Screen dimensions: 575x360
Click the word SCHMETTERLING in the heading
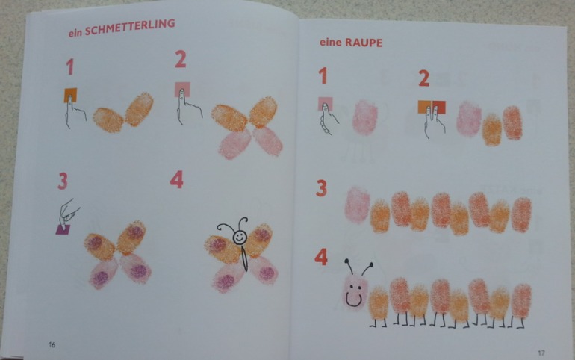tap(130, 28)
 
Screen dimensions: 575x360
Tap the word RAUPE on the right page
tap(364, 43)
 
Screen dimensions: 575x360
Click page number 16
tap(52, 344)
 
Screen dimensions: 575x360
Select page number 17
tap(541, 353)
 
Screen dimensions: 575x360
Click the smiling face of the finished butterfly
tap(240, 238)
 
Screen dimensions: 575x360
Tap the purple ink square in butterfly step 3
tap(63, 229)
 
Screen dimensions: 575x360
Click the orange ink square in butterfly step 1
tap(70, 95)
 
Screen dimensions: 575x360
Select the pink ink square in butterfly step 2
tap(182, 89)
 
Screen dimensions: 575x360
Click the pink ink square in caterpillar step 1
tap(326, 104)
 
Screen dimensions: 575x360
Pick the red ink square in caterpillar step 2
tap(439, 107)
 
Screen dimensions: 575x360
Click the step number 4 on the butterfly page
tap(177, 180)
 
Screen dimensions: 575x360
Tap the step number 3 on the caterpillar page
tap(321, 188)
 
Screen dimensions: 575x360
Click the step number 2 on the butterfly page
tap(181, 59)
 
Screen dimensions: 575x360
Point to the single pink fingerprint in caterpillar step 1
tap(365, 118)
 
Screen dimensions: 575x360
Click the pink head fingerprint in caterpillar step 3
tap(357, 205)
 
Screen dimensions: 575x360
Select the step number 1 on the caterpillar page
tap(323, 75)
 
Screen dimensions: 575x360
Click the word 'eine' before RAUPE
tap(330, 42)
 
